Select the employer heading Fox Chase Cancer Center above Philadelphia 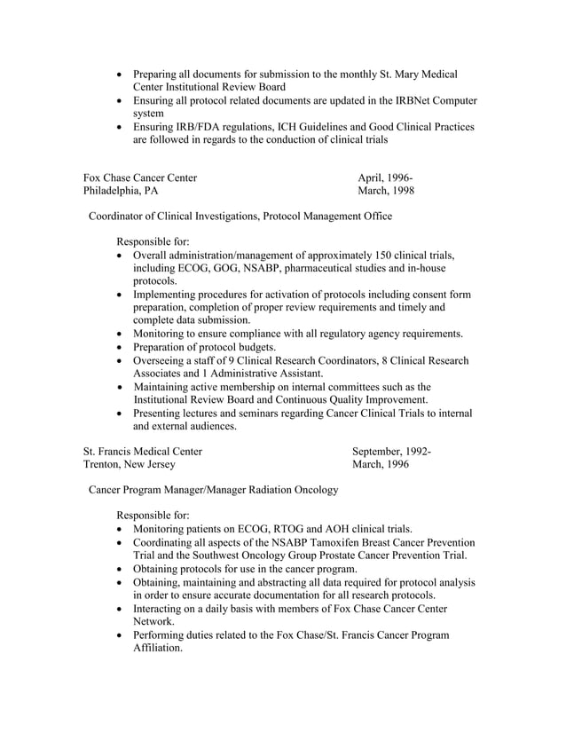140,177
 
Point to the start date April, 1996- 385,177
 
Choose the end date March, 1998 386,191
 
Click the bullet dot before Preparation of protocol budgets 122,347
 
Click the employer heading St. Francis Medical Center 143,451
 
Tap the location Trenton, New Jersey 130,464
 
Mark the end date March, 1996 381,464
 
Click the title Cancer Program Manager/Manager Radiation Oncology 212,490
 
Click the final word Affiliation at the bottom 157,648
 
